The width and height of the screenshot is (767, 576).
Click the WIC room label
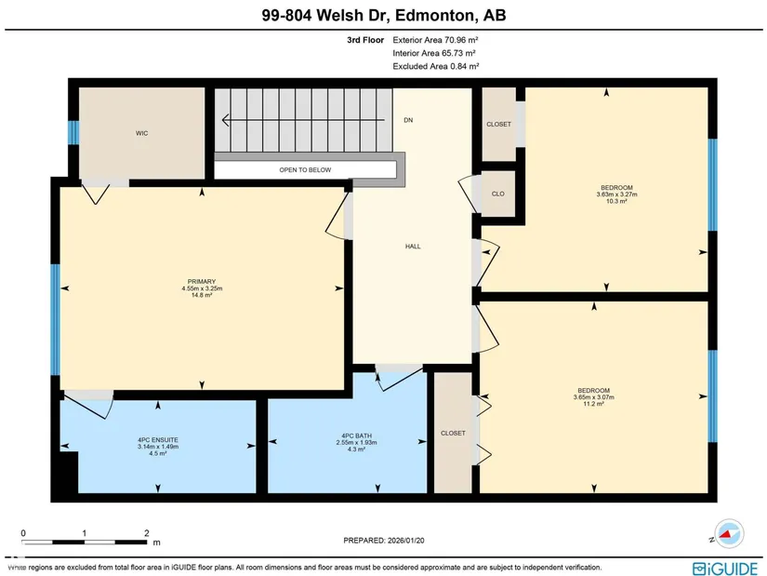[142, 133]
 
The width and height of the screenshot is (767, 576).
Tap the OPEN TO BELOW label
[305, 170]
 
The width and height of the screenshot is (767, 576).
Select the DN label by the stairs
[408, 120]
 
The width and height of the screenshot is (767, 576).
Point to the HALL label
[413, 247]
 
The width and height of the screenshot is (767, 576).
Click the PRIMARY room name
[202, 282]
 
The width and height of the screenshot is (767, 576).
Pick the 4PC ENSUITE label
[158, 440]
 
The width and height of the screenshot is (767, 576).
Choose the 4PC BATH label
[357, 435]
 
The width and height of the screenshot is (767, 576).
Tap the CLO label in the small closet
[498, 194]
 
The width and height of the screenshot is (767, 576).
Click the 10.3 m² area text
[616, 201]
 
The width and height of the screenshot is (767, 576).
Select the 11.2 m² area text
[594, 404]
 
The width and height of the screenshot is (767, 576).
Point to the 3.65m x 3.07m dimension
[594, 397]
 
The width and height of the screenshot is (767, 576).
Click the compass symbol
[729, 533]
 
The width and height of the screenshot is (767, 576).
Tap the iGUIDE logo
[725, 569]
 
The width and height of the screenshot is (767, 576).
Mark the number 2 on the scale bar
[147, 533]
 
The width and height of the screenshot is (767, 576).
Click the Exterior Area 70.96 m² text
[435, 40]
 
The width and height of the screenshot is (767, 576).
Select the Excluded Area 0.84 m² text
[436, 66]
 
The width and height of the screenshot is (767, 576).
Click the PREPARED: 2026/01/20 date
[384, 541]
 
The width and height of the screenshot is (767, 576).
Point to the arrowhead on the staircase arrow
[226, 120]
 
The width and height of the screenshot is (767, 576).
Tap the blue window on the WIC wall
[73, 133]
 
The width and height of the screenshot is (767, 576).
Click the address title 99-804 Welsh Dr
[324, 15]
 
